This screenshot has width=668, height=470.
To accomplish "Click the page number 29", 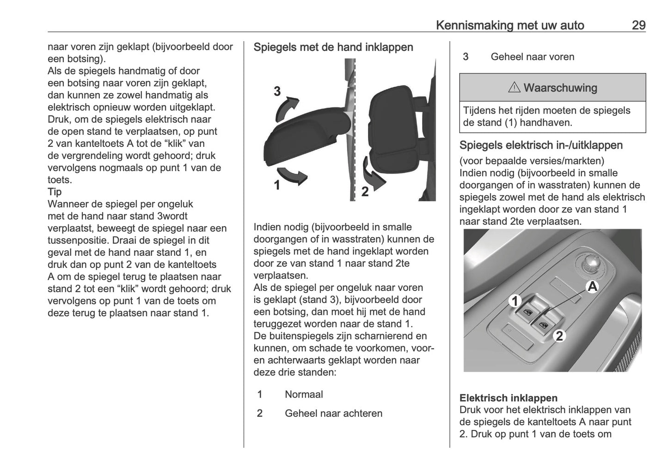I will click(x=638, y=25).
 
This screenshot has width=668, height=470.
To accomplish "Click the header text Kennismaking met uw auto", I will click(x=510, y=25).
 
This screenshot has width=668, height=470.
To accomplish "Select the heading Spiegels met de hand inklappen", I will click(x=333, y=47).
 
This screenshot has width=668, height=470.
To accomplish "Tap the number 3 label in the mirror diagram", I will click(x=277, y=91).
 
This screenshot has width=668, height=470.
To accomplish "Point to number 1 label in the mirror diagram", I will click(x=276, y=186).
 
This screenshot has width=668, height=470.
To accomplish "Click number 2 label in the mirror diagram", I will click(x=365, y=192).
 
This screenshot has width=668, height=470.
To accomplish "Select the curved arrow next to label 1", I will click(x=295, y=176).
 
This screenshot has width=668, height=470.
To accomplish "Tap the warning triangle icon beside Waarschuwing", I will click(x=514, y=88).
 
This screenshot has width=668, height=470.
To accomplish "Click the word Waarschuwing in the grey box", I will click(x=560, y=88).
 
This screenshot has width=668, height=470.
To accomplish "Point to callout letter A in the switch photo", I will click(x=592, y=287).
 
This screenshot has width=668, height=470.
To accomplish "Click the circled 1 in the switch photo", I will click(x=514, y=301).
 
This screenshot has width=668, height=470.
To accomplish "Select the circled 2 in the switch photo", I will click(x=559, y=336).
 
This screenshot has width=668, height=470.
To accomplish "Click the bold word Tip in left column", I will click(x=55, y=192).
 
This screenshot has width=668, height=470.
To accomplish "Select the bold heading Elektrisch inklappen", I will click(x=508, y=398).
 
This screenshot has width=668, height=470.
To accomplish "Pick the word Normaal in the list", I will click(x=304, y=394).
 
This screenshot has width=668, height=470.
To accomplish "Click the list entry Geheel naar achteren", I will click(x=333, y=413).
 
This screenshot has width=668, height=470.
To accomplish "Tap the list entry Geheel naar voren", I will click(x=532, y=57).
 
